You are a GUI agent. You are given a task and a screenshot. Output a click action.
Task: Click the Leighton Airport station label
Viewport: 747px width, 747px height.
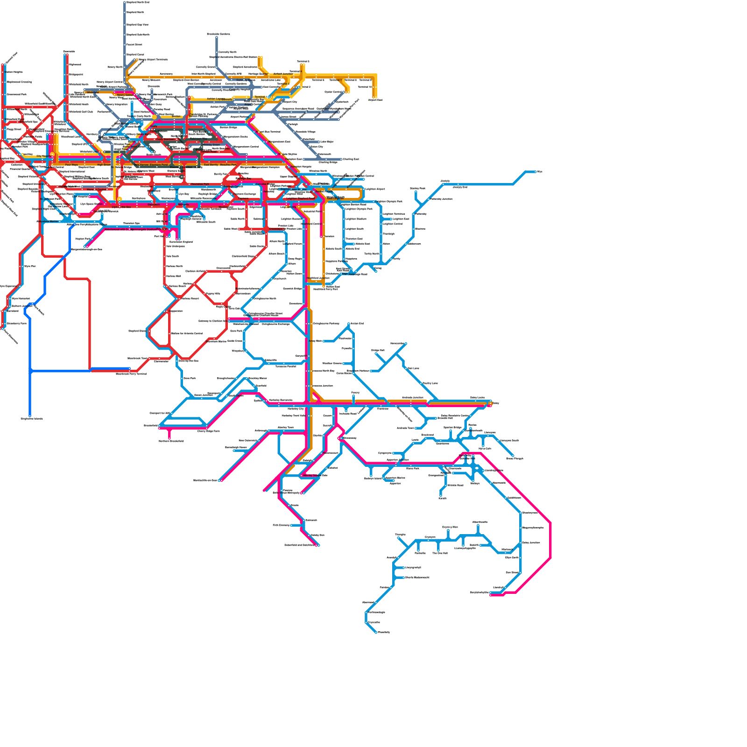point(375,189)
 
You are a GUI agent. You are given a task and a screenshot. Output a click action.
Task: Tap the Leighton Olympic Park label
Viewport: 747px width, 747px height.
point(390,202)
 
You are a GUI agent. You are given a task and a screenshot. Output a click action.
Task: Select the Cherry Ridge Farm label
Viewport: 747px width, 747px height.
point(208,431)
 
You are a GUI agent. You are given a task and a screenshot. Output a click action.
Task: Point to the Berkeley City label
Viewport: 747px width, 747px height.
point(296,409)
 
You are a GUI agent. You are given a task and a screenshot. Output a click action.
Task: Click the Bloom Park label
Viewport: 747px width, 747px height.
point(413,469)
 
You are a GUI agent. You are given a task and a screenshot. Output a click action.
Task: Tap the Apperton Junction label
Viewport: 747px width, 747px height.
point(398,460)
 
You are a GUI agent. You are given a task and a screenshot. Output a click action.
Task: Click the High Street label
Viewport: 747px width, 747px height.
point(104,165)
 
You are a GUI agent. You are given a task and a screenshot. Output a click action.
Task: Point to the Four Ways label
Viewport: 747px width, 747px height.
point(71,165)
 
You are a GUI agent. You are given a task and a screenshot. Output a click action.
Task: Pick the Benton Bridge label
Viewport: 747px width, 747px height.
point(228,127)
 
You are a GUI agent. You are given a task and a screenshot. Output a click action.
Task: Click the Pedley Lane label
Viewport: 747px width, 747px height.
point(430,383)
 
